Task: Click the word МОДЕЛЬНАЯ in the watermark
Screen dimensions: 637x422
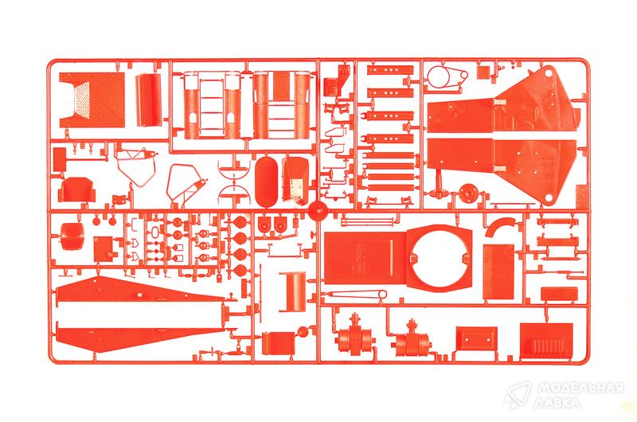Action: click(580, 389)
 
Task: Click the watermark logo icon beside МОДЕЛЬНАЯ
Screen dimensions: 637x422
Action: click(518, 394)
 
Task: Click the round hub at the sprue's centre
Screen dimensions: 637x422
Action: click(317, 211)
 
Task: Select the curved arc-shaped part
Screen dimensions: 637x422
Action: click(500, 226)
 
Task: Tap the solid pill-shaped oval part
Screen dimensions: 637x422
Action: click(266, 182)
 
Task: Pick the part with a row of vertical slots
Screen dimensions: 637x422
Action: click(546, 341)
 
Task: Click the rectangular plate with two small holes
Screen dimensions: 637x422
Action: click(475, 338)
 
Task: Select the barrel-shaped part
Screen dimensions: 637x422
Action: click(72, 236)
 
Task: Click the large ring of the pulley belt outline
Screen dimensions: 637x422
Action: click(438, 77)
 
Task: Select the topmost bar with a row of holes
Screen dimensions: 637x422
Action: click(390, 70)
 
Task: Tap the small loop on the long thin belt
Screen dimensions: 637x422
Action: click(382, 295)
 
